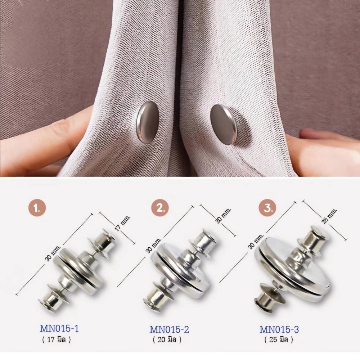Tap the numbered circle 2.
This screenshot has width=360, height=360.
point(160,208)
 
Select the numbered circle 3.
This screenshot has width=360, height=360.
point(267,208)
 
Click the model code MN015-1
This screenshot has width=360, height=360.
point(59,329)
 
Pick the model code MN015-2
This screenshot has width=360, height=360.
point(169,329)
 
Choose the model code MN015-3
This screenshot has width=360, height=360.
point(279,329)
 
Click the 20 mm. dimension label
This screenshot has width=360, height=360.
point(223,216)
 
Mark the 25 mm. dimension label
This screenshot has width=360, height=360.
point(329,216)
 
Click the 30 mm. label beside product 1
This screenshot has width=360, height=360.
point(53,253)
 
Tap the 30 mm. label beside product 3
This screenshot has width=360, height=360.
point(256,241)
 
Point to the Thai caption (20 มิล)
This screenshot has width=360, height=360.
point(167,340)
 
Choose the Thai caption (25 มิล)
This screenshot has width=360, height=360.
point(279,340)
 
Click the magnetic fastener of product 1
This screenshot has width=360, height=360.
point(78,270)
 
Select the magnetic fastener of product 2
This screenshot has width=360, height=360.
point(181,267)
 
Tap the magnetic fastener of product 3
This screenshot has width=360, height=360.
point(292,267)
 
